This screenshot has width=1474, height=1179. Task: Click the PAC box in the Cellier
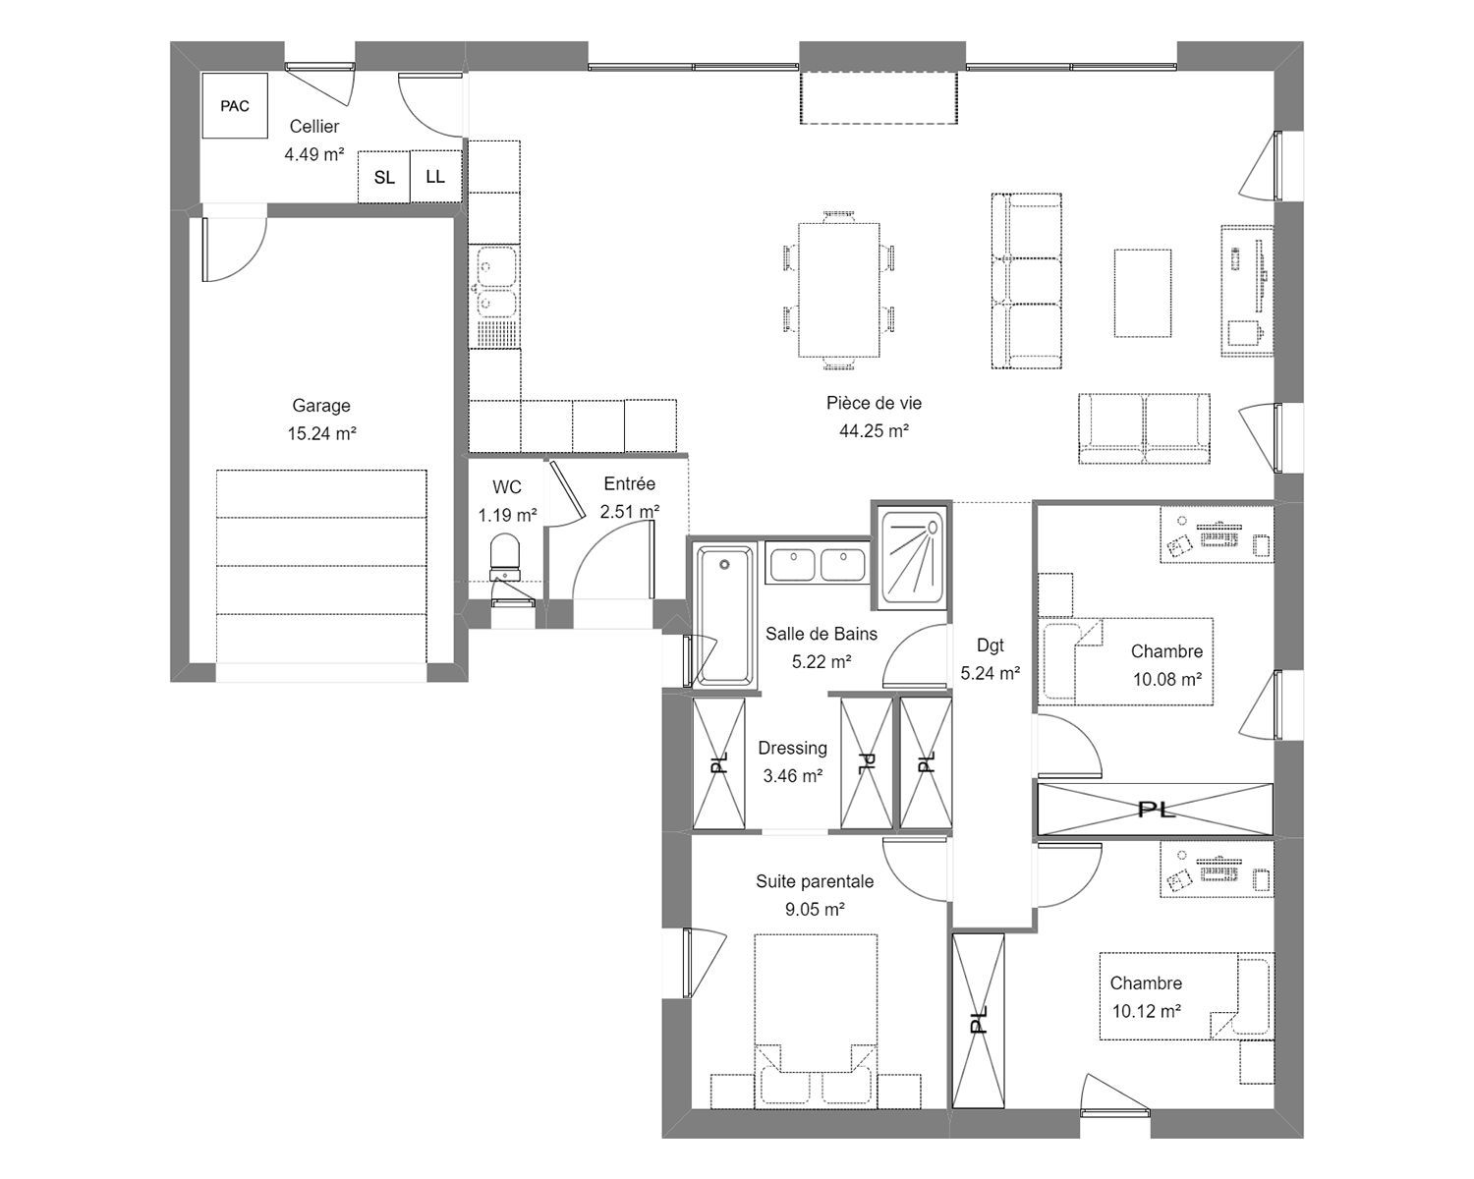(x=234, y=105)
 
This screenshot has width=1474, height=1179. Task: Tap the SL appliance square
(x=383, y=177)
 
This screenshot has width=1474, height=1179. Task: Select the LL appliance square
(x=435, y=177)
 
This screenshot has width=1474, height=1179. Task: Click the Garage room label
(x=321, y=406)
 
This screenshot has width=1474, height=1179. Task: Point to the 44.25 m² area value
(x=874, y=431)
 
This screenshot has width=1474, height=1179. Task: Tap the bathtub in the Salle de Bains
(x=724, y=615)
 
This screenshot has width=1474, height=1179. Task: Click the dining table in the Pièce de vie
(x=839, y=290)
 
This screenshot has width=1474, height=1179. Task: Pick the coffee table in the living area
(x=1143, y=293)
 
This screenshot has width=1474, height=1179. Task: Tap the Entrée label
(x=630, y=483)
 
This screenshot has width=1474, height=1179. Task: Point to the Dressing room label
(x=792, y=748)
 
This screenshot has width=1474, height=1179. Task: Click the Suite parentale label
(x=815, y=881)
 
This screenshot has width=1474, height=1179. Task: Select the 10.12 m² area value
(x=1146, y=1011)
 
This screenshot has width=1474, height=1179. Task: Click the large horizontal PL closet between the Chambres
(x=1155, y=810)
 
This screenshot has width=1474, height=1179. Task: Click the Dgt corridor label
(x=991, y=645)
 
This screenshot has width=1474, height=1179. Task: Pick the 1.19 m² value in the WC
(x=507, y=515)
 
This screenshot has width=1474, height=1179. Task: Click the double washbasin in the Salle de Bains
(x=818, y=565)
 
